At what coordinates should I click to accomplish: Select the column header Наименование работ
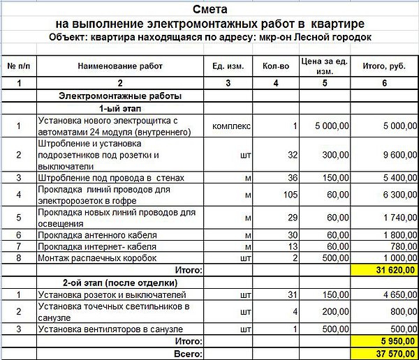click(x=121, y=66)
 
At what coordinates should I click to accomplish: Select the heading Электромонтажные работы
click(x=121, y=96)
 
